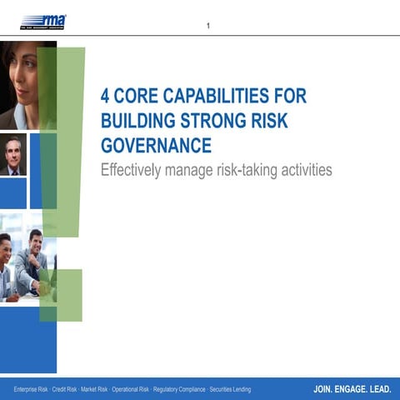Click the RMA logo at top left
(x=43, y=20)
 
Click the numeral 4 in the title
(x=106, y=96)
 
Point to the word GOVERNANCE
(x=156, y=146)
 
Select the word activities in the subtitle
(x=306, y=170)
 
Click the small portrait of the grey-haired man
(x=12, y=155)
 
